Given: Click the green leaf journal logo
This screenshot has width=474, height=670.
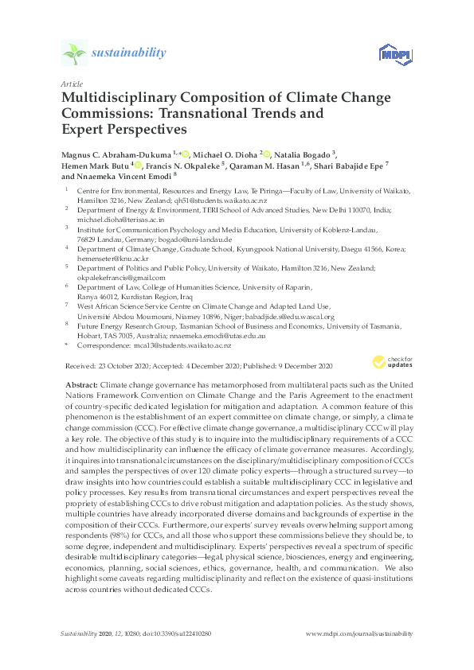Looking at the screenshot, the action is click(74, 53).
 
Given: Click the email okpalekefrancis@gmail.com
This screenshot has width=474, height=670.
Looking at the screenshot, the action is click(120, 279).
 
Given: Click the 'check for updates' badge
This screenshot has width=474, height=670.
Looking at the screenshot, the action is click(392, 362).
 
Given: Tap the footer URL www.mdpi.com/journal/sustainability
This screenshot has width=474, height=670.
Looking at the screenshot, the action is click(359, 633).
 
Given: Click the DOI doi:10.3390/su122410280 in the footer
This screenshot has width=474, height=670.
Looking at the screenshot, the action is click(178, 633).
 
